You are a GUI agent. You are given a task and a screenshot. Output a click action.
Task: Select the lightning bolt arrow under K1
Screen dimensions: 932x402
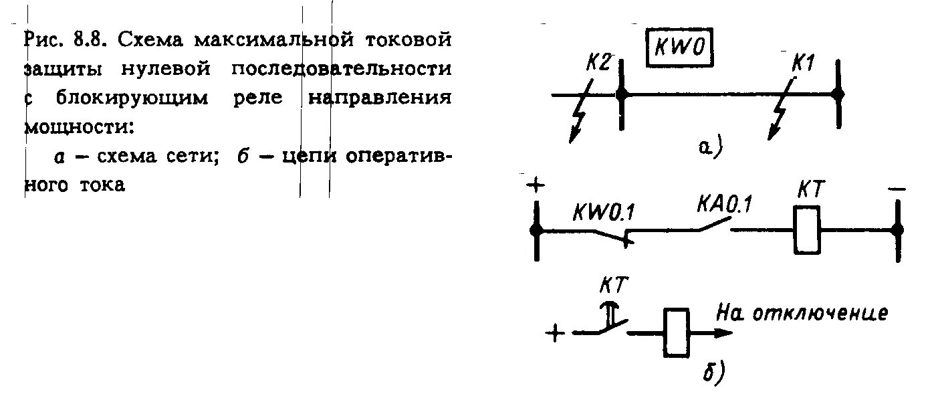[780, 114]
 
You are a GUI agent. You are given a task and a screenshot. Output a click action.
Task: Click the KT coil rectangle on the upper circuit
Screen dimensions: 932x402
[808, 229]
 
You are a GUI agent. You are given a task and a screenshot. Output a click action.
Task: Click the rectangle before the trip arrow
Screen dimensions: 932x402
[676, 332]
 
